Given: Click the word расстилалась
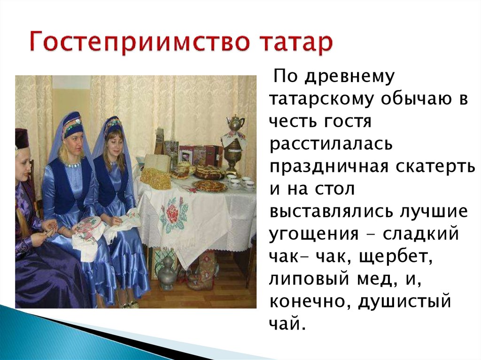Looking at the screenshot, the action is coord(331,144).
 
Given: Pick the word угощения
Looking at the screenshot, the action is coord(313,234).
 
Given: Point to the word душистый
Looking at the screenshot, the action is coord(404,302).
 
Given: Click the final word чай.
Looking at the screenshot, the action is coord(287,323).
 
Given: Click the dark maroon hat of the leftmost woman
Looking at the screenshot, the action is coord(22,138).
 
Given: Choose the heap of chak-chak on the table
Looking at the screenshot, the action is coord(155,178).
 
